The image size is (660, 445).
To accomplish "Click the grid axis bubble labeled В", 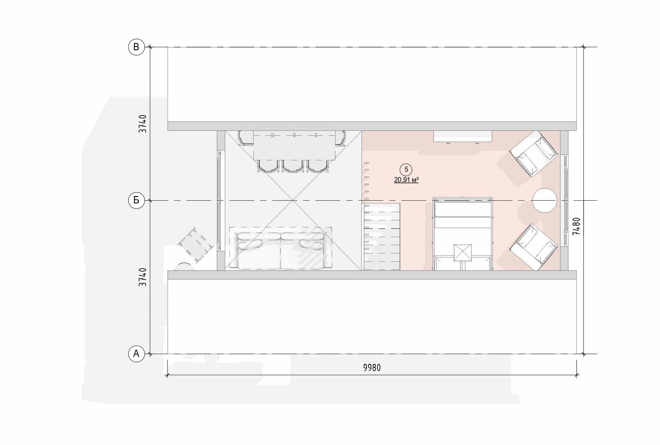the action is (136, 47).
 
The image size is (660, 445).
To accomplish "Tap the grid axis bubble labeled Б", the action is (136, 200).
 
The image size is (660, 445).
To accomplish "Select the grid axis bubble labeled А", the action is (136, 354).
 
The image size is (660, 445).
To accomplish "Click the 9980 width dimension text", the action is (372, 368).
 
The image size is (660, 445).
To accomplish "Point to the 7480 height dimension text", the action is (576, 226).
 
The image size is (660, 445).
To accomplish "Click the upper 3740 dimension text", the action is (143, 124).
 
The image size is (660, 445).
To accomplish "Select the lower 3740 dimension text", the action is (143, 277).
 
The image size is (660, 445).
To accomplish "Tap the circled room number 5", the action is (406, 169).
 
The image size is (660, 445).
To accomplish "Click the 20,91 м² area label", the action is (406, 180).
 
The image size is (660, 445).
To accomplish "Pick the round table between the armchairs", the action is (544, 200).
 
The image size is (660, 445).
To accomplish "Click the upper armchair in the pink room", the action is (534, 154).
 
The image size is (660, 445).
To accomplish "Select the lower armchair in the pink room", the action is (534, 247).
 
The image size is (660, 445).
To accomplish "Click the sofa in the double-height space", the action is (281, 251).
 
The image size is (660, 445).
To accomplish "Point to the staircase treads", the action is (382, 237).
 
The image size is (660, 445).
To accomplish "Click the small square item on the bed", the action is (462, 253).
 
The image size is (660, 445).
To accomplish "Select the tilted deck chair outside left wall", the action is (196, 244).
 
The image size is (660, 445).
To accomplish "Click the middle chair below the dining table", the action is (292, 166).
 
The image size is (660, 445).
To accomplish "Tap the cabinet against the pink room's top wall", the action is (462, 137).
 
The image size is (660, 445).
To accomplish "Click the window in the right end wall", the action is (566, 200).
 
